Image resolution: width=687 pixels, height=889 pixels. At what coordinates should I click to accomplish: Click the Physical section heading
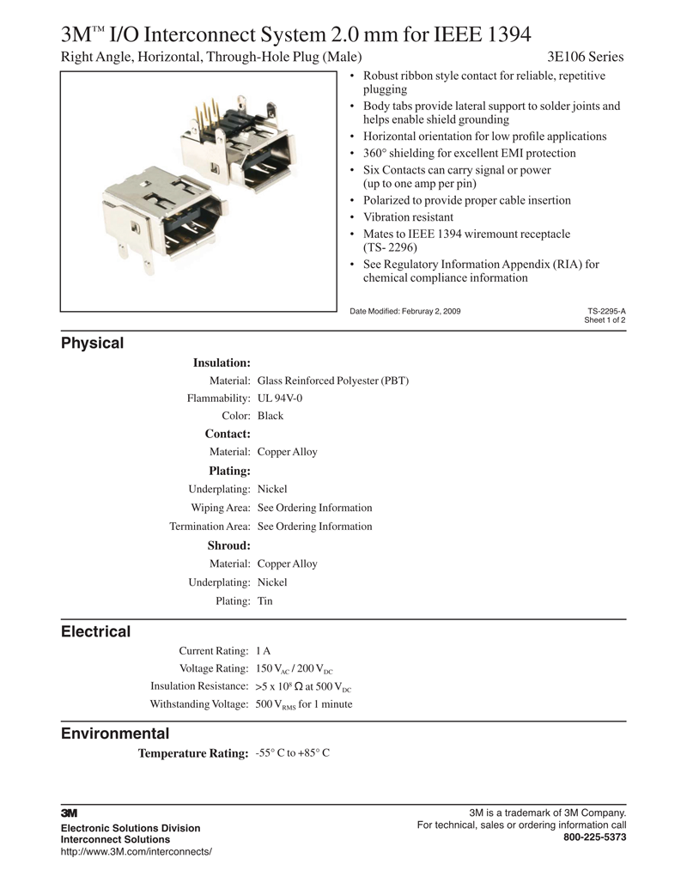[x=92, y=344]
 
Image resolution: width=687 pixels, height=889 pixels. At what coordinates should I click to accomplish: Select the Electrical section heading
[x=95, y=632]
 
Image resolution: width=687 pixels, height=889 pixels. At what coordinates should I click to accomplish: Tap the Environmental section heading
[x=115, y=734]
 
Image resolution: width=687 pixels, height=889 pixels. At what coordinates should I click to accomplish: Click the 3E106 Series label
[x=586, y=58]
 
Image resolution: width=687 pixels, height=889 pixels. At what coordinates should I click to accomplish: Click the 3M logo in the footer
[x=69, y=813]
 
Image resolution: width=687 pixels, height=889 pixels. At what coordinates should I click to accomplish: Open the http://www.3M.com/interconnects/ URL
[x=136, y=851]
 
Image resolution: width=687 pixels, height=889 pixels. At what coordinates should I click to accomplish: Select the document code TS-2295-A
[x=606, y=311]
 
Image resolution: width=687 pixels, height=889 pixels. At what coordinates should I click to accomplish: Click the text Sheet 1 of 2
[x=605, y=320]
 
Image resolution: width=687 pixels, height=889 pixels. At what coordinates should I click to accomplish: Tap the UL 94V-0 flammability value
[x=280, y=399]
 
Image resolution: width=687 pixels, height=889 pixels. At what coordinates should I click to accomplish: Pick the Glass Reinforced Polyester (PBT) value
[x=332, y=381]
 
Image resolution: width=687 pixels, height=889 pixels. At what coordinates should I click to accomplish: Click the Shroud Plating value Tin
[x=264, y=601]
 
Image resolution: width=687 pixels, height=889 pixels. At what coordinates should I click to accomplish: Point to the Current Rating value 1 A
[x=263, y=651]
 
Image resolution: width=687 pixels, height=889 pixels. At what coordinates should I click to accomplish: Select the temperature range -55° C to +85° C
[x=293, y=753]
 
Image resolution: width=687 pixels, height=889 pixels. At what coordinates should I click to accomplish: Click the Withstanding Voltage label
[x=199, y=704]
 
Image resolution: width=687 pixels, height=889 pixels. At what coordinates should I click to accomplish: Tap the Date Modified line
[x=404, y=311]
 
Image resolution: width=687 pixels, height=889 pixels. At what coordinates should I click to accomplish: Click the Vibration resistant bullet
[x=408, y=217]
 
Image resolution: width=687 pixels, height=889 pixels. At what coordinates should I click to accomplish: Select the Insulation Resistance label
[x=199, y=686]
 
